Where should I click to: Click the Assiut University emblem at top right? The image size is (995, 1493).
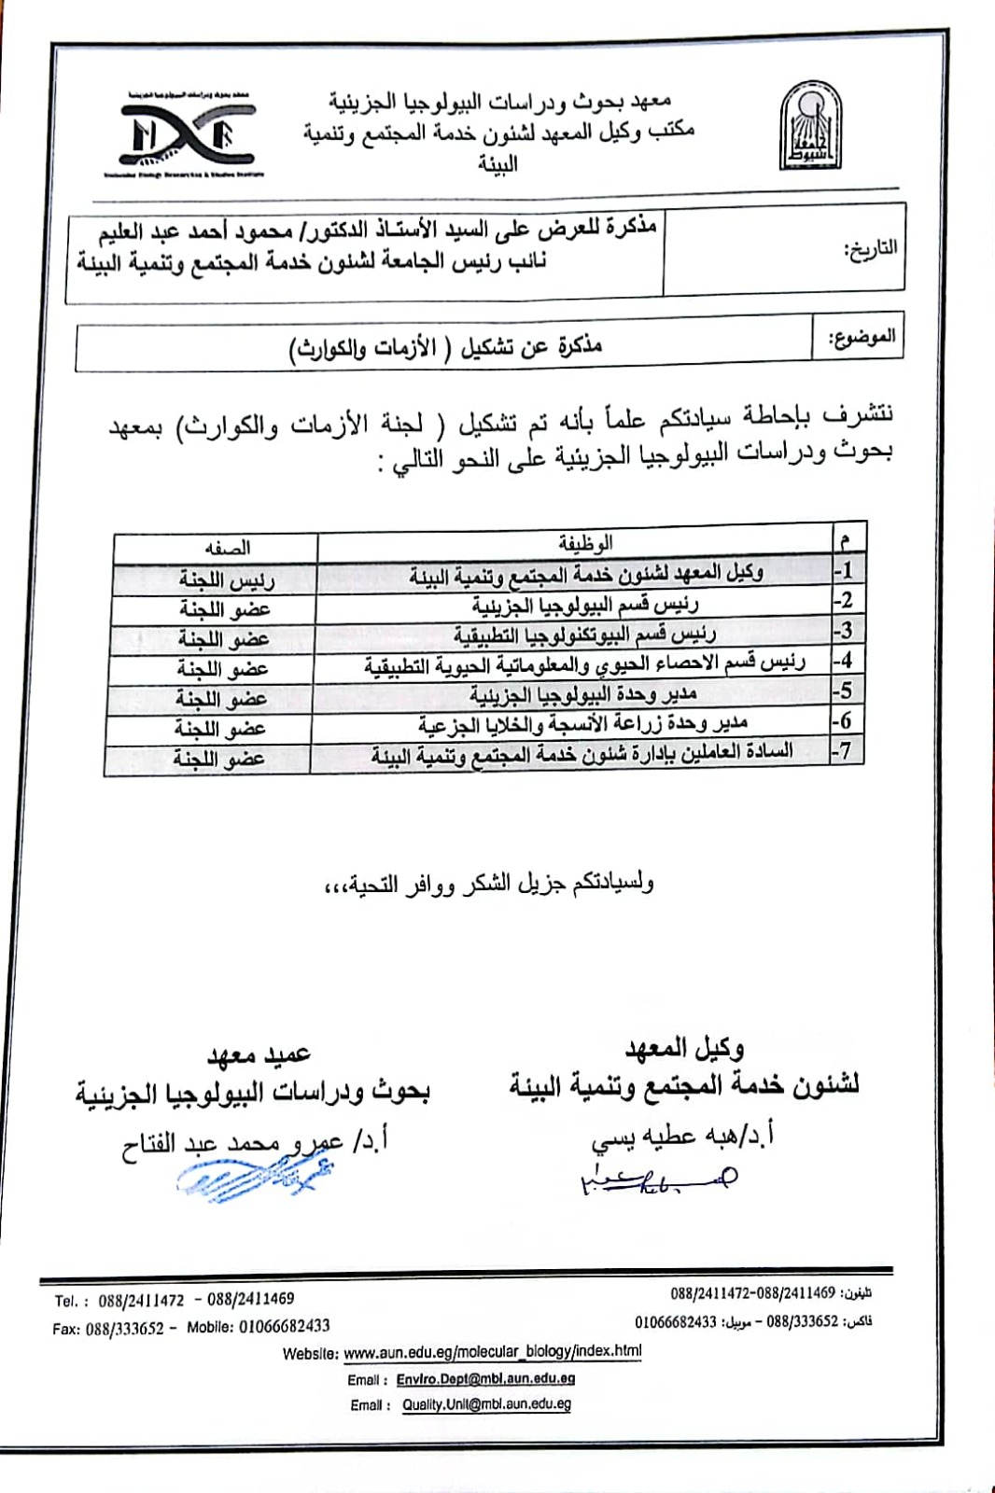coord(809,126)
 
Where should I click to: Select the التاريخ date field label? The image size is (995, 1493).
coord(870,249)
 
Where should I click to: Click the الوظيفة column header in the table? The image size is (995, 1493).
coord(584,542)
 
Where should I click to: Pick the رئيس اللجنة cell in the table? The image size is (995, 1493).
coord(227,579)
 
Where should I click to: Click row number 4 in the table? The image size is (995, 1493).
coord(844,661)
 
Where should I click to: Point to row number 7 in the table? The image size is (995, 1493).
coord(842,750)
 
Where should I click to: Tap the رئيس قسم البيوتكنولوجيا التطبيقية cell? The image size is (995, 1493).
coord(584,635)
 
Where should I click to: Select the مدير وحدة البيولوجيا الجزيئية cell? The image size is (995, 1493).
coord(582,694)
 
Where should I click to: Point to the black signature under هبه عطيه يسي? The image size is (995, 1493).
coord(658,1179)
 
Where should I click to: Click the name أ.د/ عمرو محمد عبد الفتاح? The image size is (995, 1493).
coord(254,1141)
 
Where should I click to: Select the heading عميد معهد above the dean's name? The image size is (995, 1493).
coord(259,1054)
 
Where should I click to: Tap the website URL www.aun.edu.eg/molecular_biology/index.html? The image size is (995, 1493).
coord(492,1351)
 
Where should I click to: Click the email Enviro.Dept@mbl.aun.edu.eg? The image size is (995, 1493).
coord(484,1378)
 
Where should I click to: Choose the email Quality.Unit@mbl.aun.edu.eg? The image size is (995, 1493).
coord(486,1404)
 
